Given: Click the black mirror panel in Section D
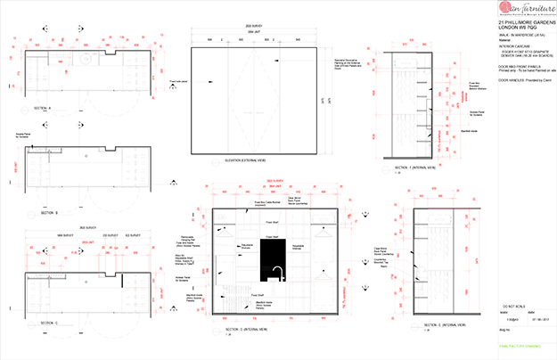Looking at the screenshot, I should [272, 258].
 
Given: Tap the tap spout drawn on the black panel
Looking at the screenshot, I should [275, 271].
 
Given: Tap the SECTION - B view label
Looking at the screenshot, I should [49, 214].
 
